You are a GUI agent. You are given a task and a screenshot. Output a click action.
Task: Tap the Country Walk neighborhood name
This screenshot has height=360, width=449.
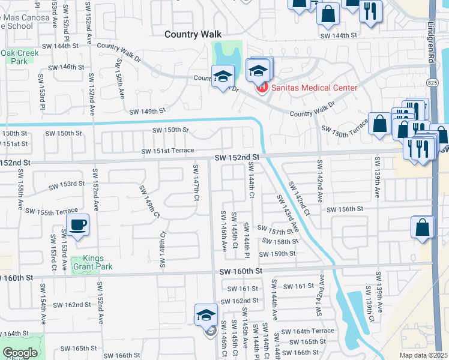[x=194, y=35]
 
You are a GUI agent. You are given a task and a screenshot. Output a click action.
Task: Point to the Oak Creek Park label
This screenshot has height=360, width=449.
[x=19, y=57]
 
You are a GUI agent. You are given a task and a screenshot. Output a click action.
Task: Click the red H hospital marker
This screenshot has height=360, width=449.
[x=261, y=89]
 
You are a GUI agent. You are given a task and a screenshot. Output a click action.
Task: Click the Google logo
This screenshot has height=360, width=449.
[x=20, y=353]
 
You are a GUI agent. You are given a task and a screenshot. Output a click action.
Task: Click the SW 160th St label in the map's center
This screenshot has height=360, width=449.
[x=241, y=271]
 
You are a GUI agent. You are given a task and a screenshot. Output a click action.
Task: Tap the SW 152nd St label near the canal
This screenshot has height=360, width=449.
[x=237, y=157]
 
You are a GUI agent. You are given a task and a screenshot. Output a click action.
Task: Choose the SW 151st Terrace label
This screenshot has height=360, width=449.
[x=167, y=151]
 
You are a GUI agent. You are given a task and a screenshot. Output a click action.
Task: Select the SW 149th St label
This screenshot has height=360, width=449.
[x=147, y=111]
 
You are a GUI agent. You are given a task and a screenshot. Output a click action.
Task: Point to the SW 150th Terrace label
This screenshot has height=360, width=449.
[x=345, y=131]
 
